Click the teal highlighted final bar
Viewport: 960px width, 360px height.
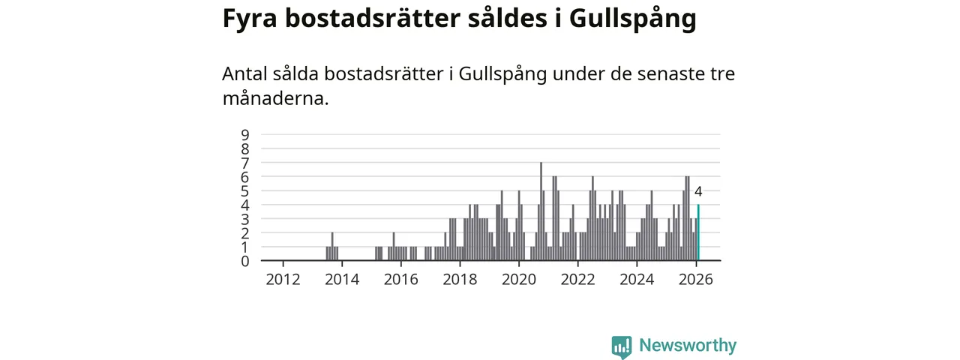(x=698, y=232)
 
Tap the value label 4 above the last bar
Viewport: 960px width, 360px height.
(x=698, y=192)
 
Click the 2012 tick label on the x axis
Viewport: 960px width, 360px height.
(x=283, y=280)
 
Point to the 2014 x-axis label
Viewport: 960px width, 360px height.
(x=341, y=280)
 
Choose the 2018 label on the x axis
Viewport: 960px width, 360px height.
(x=460, y=280)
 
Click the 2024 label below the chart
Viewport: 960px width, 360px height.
(x=637, y=280)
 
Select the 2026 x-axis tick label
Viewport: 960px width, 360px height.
(x=695, y=280)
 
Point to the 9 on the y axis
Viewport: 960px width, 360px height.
(x=244, y=135)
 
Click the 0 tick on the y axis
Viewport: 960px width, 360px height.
(x=244, y=261)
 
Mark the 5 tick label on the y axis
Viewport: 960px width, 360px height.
(x=244, y=190)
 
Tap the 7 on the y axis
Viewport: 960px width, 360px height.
(x=244, y=163)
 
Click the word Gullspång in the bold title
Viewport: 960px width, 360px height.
(x=632, y=19)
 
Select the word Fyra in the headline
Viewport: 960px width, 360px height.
(x=250, y=19)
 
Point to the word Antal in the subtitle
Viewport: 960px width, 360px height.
(x=244, y=75)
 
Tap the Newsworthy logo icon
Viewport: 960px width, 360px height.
(x=621, y=346)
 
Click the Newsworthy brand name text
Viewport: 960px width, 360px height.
(x=688, y=346)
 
